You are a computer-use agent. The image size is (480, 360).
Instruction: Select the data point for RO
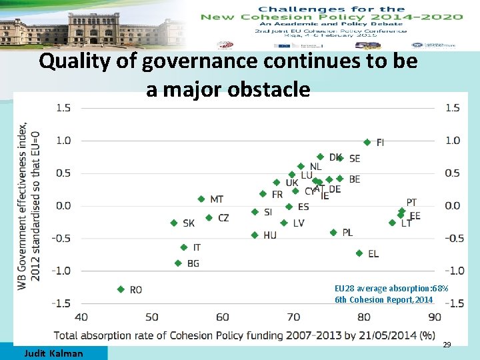click(x=121, y=289)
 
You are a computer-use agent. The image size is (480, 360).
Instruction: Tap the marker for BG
click(x=178, y=263)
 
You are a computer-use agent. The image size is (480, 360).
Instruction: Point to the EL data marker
click(x=359, y=253)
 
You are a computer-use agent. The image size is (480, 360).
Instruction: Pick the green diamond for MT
click(x=201, y=199)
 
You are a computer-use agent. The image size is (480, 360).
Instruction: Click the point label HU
click(x=270, y=235)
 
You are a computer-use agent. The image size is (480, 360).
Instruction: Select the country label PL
click(x=347, y=233)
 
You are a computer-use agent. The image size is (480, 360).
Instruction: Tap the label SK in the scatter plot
click(x=189, y=223)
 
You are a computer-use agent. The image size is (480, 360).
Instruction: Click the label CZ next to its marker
click(x=223, y=218)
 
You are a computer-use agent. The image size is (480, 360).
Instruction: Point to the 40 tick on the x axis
click(x=81, y=317)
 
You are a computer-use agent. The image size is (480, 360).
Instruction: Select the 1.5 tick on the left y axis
click(x=64, y=107)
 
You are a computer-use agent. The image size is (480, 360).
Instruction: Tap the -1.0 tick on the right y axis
click(x=452, y=271)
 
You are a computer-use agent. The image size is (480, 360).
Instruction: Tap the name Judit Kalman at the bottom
click(x=53, y=353)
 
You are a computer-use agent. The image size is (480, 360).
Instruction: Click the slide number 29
click(x=447, y=345)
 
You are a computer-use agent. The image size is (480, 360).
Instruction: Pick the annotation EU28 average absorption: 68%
click(x=391, y=289)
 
